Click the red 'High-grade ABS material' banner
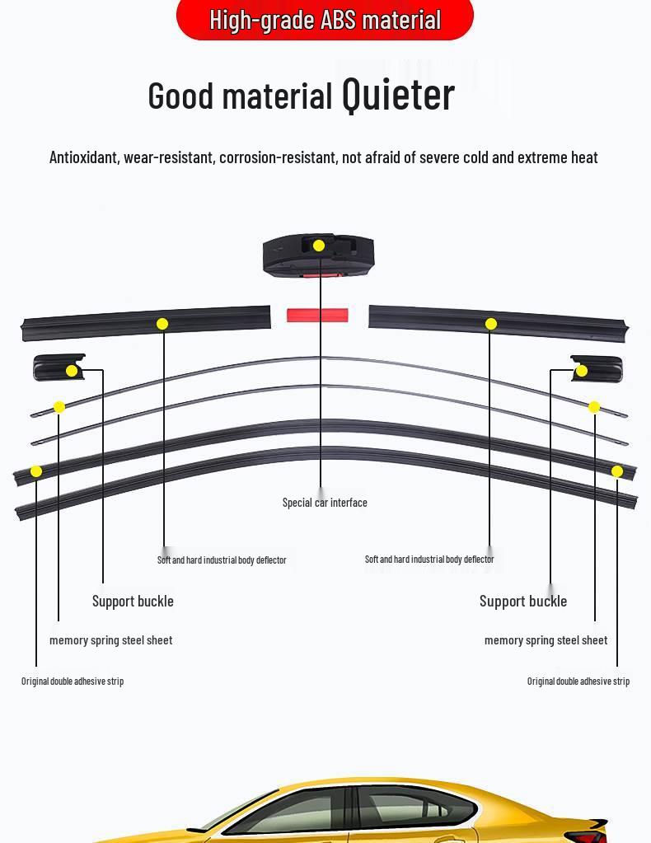(x=325, y=19)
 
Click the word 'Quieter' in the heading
(x=398, y=95)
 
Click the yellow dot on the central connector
(x=319, y=246)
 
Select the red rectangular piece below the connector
(x=317, y=316)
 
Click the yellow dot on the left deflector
(x=162, y=324)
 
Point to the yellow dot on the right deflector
(x=491, y=324)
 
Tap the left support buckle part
(x=58, y=368)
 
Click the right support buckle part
(x=597, y=368)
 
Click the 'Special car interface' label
(x=325, y=503)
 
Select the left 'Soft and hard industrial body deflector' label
(x=222, y=560)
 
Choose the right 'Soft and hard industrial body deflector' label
(x=429, y=560)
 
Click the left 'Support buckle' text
(x=133, y=602)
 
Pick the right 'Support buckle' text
(x=523, y=602)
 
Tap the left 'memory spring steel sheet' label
(x=111, y=640)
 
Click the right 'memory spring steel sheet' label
(x=546, y=640)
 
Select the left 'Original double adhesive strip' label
(x=73, y=681)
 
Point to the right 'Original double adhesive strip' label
(x=578, y=681)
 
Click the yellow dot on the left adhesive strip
(x=36, y=471)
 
